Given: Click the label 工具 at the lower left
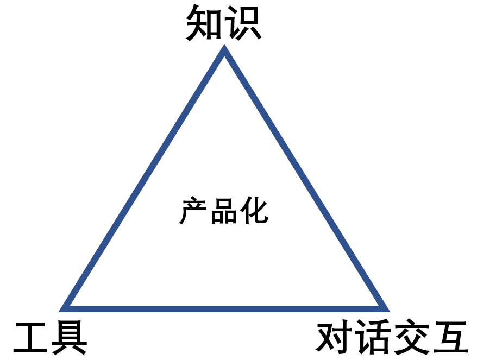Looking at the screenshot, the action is click(x=51, y=337).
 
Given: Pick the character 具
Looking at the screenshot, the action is click(x=70, y=337).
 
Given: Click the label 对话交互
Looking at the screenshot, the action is click(x=392, y=337).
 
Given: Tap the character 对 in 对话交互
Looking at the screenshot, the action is click(x=335, y=337).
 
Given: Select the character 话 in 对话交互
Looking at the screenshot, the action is click(x=373, y=337).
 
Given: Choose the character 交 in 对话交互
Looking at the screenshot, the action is click(x=411, y=337).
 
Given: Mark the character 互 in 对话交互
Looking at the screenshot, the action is click(x=450, y=337).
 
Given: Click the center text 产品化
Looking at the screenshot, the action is click(x=224, y=211).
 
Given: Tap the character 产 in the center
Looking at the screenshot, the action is click(x=194, y=211).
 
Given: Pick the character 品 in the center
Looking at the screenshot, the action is click(x=224, y=211).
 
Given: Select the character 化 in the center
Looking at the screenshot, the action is click(x=254, y=211).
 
